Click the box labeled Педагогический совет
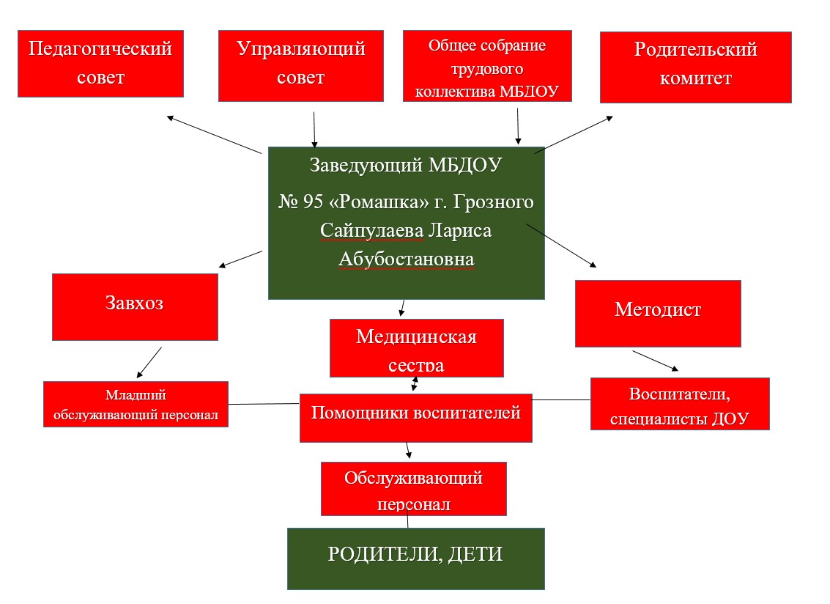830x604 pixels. [100, 64]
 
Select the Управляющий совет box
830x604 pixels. [300, 66]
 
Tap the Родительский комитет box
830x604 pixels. [695, 67]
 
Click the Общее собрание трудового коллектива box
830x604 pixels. [487, 66]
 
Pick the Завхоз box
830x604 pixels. [135, 307]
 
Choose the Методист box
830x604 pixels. [658, 314]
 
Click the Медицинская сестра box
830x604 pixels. [417, 348]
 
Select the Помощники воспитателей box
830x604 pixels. [415, 418]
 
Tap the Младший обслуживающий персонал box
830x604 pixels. [136, 405]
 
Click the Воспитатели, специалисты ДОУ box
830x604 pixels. [680, 404]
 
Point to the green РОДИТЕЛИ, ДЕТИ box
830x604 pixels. [415, 559]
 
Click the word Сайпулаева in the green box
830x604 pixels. [372, 230]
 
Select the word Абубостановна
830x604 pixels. [407, 259]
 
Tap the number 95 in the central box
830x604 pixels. [314, 202]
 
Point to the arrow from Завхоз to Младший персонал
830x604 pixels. [149, 362]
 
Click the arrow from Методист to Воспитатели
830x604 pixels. [656, 361]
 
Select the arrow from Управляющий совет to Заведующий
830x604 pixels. [314, 129]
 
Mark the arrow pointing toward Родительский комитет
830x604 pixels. [574, 135]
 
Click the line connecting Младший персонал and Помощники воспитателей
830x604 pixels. [264, 404]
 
